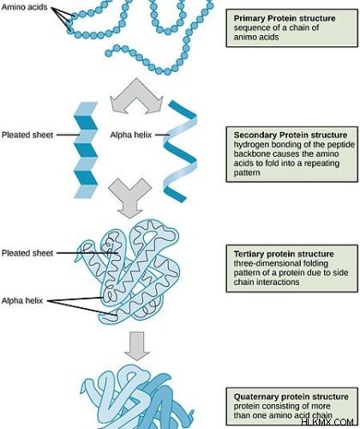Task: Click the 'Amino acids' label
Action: [24, 7]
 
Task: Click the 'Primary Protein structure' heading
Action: [285, 18]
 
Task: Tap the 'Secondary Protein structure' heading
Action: [291, 135]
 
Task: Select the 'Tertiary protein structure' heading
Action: [284, 254]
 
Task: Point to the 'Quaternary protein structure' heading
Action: [291, 396]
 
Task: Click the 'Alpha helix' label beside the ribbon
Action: [131, 135]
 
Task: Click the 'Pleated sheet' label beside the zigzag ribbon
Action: [27, 135]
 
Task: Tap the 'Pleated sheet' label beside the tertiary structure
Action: [27, 253]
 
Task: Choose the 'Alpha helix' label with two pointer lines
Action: [22, 300]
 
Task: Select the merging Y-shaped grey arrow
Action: [130, 198]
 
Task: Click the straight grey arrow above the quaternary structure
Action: [137, 346]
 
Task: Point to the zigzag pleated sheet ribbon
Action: [86, 150]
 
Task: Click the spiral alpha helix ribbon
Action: [180, 152]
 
